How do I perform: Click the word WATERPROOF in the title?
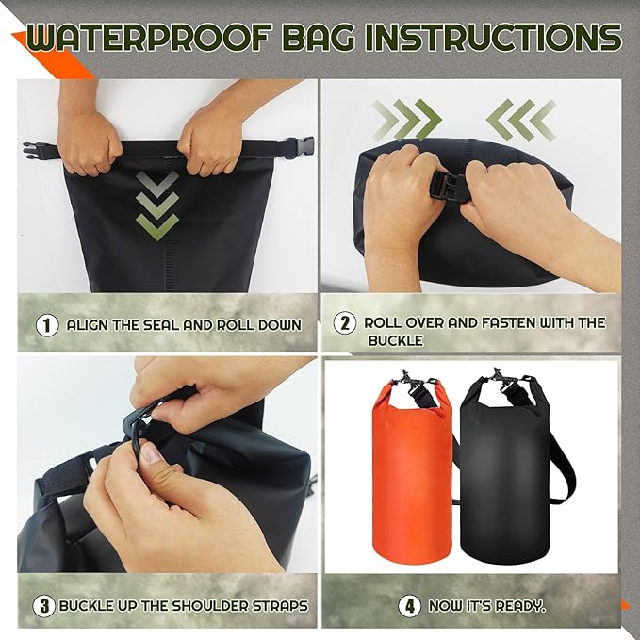pos(142,40)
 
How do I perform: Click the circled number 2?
pos(345,323)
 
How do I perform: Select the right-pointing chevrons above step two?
pos(405,121)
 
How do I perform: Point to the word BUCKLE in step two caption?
pos(395,340)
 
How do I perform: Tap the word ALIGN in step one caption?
pos(90,325)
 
